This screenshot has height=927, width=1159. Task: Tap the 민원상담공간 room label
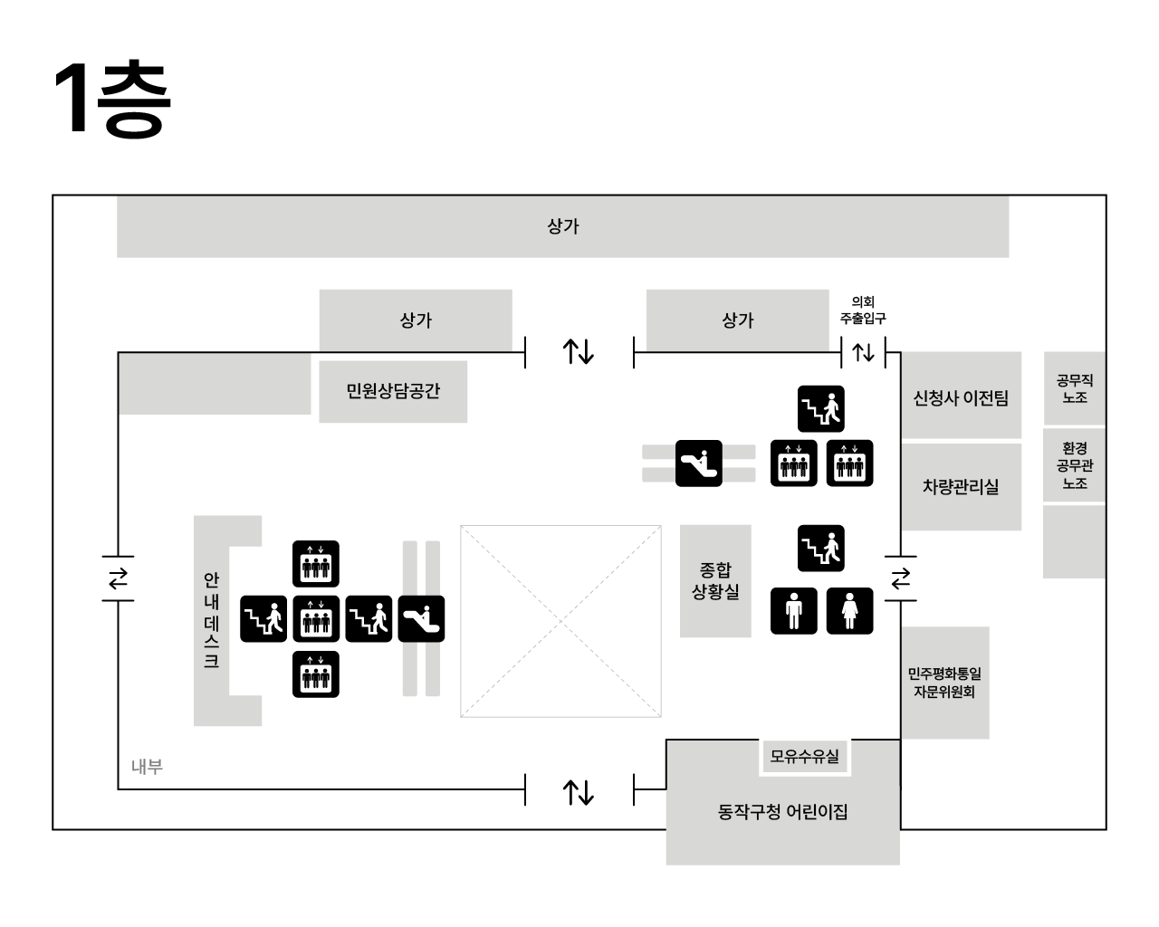point(393,391)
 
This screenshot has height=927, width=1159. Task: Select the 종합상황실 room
point(715,580)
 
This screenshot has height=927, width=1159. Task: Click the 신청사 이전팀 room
point(960,397)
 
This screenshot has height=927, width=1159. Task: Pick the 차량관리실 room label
point(960,486)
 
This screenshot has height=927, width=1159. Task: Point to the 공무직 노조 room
point(1074,388)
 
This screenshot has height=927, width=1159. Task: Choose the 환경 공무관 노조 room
point(1074,465)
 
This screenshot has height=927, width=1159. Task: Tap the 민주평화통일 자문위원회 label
point(944,683)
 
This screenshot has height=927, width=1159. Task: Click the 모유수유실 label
point(804,756)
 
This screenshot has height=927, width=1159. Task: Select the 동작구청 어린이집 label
point(782,812)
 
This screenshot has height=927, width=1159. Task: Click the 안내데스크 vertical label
point(211,620)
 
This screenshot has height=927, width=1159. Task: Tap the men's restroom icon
point(794,611)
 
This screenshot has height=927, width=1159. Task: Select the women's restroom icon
point(850,611)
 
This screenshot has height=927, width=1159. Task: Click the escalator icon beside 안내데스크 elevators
point(422,619)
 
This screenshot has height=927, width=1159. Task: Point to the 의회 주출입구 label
point(863,310)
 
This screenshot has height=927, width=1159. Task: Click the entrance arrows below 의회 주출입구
point(863,352)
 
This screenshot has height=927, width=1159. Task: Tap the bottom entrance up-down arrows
point(579,792)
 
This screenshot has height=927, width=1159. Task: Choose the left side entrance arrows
point(119,578)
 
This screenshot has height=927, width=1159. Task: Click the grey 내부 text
point(147,767)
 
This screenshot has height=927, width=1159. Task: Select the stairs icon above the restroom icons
point(821,549)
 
